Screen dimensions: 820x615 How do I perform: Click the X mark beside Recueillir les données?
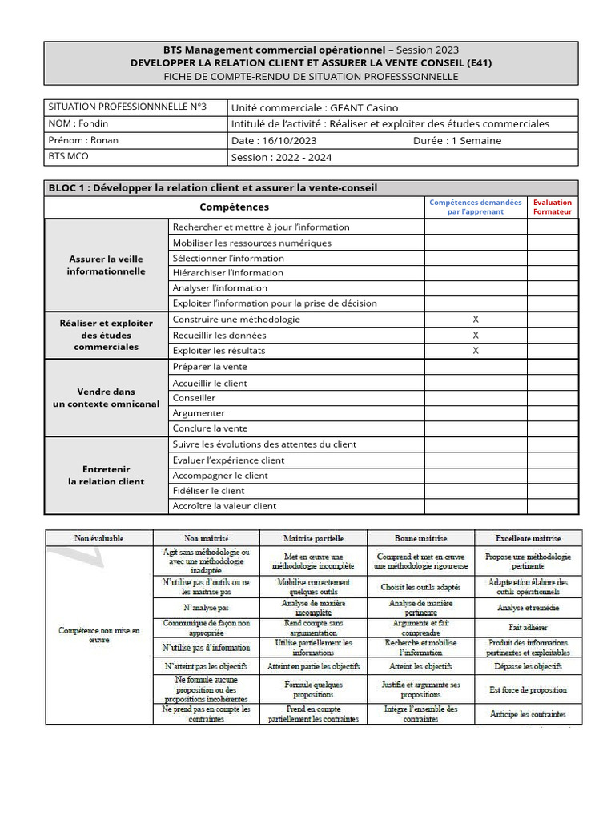(476, 336)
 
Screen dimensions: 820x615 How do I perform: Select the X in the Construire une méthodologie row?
(476, 320)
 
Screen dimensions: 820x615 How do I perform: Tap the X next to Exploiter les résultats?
(476, 351)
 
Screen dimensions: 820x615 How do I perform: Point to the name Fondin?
(93, 124)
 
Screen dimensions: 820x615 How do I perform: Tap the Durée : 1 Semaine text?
(457, 140)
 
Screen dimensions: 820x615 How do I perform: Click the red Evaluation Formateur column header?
(553, 207)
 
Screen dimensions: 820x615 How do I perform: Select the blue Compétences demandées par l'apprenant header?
(475, 207)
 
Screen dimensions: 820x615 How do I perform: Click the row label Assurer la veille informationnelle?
(107, 265)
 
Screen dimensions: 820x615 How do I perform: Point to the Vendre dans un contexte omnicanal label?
(107, 398)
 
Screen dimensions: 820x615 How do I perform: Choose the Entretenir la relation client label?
(107, 476)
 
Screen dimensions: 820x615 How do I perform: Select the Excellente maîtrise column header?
(528, 539)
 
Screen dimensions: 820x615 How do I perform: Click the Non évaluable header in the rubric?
(98, 539)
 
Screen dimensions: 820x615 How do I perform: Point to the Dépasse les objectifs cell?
(528, 666)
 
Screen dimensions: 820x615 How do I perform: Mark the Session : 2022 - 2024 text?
(281, 158)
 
